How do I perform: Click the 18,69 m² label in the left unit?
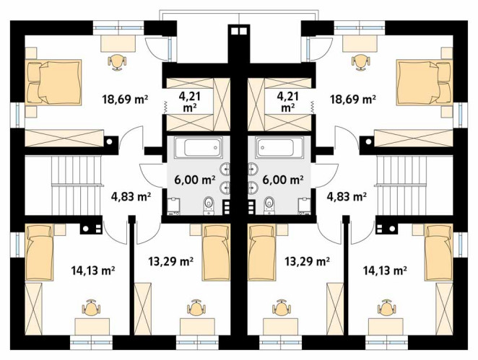click(x=126, y=100)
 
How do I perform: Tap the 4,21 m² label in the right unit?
click(x=287, y=102)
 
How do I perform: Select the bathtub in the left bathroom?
click(x=198, y=147)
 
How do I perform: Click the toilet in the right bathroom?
click(x=269, y=205)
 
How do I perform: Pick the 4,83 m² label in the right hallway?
click(x=347, y=196)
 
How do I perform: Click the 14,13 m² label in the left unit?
click(x=93, y=270)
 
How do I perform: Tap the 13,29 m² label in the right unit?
click(x=307, y=260)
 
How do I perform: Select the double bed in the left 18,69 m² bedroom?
click(x=53, y=82)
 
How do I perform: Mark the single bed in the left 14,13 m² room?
click(x=39, y=253)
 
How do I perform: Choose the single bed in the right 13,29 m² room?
click(x=262, y=253)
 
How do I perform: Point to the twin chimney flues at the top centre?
click(x=239, y=31)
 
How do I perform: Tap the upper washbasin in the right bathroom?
click(x=253, y=168)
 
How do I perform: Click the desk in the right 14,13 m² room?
click(x=386, y=327)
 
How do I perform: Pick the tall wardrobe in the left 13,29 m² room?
click(x=143, y=309)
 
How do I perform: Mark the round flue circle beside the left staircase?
click(x=109, y=141)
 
